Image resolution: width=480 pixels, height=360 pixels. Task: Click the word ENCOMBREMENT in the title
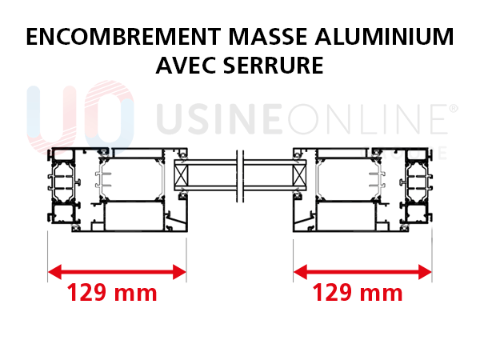tap(124, 37)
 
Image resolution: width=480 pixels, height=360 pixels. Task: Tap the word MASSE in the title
tap(268, 37)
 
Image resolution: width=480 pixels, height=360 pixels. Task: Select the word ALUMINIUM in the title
tap(385, 37)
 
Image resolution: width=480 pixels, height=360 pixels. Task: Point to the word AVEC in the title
tap(186, 66)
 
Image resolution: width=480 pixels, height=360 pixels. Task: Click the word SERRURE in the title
tap(274, 66)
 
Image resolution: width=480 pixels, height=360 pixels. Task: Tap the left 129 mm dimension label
tap(112, 293)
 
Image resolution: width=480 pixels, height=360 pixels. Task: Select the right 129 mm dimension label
tap(358, 293)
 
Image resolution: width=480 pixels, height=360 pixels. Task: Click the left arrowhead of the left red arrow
tap(49, 272)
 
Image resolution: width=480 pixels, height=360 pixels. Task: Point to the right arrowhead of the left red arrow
tap(186, 272)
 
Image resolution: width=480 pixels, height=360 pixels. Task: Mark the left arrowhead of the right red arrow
tap(294, 272)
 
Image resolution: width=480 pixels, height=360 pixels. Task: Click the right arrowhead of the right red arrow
tap(430, 272)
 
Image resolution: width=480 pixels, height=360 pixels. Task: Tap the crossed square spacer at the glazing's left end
tap(182, 175)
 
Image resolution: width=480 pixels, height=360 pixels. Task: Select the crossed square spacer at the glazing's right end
tap(299, 175)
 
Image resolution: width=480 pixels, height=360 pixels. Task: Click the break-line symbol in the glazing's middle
tap(240, 176)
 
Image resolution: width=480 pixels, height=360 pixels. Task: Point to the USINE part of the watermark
tap(219, 119)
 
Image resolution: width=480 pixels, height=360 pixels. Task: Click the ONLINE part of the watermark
tap(368, 119)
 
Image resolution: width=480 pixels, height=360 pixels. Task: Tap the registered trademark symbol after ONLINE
tap(454, 108)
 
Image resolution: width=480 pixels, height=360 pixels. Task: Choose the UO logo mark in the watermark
tap(81, 118)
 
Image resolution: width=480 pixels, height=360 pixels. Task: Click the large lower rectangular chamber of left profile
tap(134, 216)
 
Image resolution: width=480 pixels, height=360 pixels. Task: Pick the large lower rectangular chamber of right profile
tap(346, 216)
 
